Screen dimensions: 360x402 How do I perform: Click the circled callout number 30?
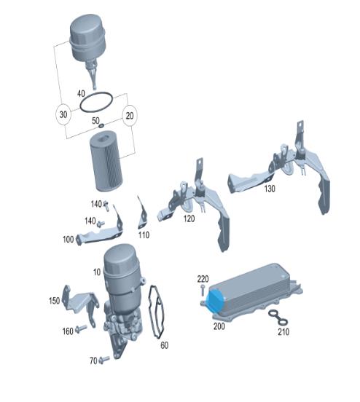pyautogui.click(x=63, y=114)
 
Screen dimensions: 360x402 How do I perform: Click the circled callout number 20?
pyautogui.click(x=130, y=116)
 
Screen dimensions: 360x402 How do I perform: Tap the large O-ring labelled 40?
pyautogui.click(x=96, y=102)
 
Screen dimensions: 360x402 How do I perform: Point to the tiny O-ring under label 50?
pyautogui.click(x=101, y=125)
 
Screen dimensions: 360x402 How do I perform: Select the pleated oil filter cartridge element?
pyautogui.click(x=106, y=162)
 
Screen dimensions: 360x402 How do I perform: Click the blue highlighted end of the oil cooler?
pyautogui.click(x=214, y=299)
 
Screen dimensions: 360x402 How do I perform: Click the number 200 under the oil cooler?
pyautogui.click(x=219, y=326)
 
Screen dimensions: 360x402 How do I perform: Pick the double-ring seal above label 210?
pyautogui.click(x=278, y=318)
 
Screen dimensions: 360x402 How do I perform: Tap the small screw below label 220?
pyautogui.click(x=203, y=290)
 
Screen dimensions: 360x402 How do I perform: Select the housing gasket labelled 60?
pyautogui.click(x=157, y=312)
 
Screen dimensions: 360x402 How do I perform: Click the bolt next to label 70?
pyautogui.click(x=104, y=360)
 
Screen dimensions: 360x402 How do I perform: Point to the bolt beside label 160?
pyautogui.click(x=81, y=329)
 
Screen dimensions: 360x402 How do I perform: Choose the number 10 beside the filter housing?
pyautogui.click(x=97, y=272)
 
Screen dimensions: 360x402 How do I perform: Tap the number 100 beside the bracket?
pyautogui.click(x=68, y=240)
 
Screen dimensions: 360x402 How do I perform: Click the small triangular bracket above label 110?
pyautogui.click(x=142, y=213)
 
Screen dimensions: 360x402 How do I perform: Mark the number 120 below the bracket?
pyautogui.click(x=189, y=218)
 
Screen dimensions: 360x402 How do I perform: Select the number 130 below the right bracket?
pyautogui.click(x=270, y=189)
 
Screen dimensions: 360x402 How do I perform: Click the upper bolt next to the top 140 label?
pyautogui.click(x=106, y=205)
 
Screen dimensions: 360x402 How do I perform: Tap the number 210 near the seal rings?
pyautogui.click(x=283, y=332)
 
